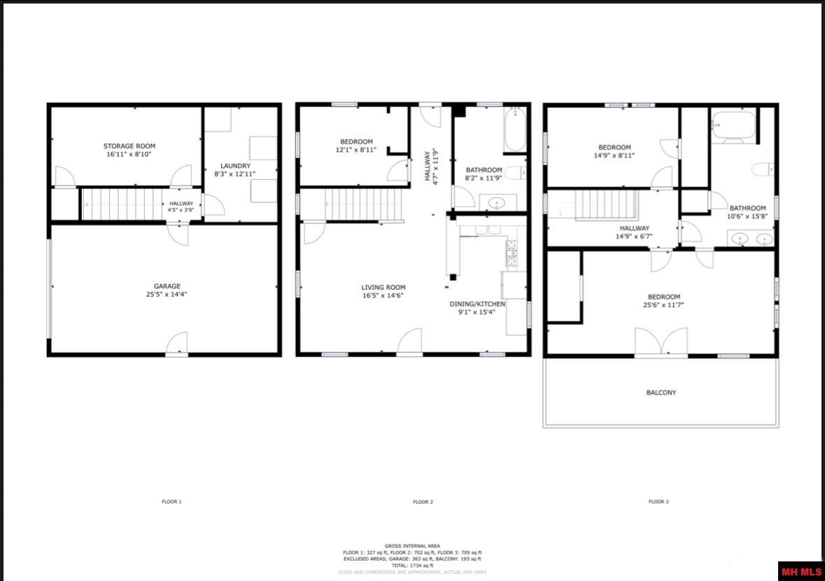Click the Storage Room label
127,146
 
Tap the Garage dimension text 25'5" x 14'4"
167,295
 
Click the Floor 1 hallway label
181,202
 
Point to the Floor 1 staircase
122,204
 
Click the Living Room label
383,287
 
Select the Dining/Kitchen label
477,304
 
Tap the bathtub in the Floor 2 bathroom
514,129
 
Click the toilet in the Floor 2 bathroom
516,174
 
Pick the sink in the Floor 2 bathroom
498,203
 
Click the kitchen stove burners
512,253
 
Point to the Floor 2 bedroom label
356,141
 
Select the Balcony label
661,393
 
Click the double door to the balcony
661,342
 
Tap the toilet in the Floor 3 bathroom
762,169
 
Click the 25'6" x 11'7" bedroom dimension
661,305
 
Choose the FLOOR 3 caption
658,502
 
